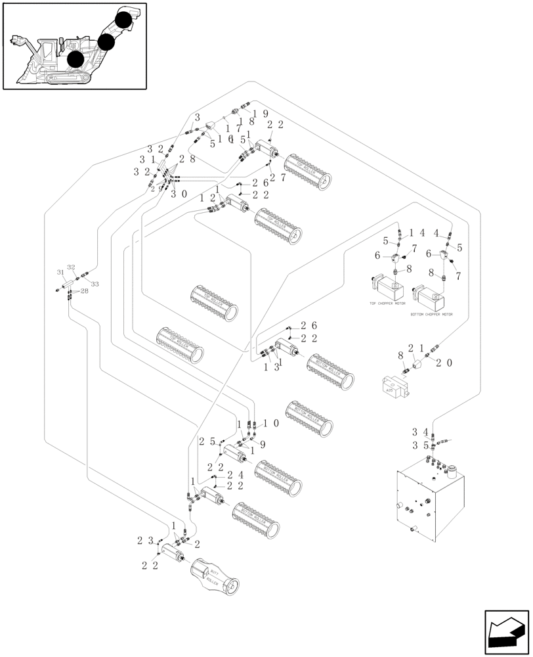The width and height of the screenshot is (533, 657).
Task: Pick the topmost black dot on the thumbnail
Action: click(123, 18)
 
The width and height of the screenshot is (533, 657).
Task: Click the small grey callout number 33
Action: click(95, 284)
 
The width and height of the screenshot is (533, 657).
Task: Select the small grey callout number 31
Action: click(60, 273)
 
